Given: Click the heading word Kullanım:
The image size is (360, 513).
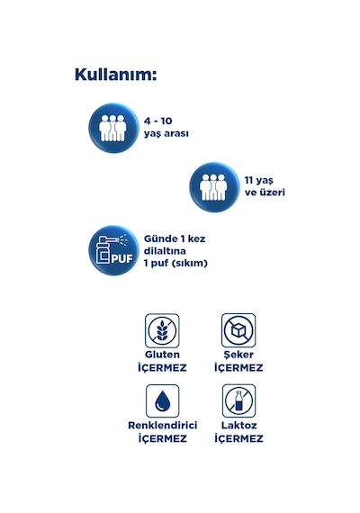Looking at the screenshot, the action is (x=115, y=75).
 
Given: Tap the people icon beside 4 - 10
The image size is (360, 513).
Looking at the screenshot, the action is (x=113, y=128).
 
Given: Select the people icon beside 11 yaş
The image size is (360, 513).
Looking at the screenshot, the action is (x=214, y=187).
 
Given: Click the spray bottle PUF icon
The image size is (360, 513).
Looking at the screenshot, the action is (x=113, y=250).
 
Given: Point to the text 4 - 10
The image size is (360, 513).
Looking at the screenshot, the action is (x=157, y=121).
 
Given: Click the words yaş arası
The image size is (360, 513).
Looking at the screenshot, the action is (x=166, y=134).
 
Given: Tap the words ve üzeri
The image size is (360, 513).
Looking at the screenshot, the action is (x=265, y=193).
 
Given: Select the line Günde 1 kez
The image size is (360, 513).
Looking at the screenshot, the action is (x=175, y=238).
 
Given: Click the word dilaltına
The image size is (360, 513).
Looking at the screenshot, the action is (x=165, y=251).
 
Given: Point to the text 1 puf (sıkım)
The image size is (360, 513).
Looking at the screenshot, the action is (x=175, y=263).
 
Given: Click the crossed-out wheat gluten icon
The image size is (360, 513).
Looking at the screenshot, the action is (x=162, y=330).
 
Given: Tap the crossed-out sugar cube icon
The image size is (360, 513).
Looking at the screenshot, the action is (x=238, y=330).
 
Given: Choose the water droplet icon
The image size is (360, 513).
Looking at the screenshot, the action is (x=162, y=401).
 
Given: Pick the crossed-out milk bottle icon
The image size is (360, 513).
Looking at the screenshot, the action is (x=238, y=400).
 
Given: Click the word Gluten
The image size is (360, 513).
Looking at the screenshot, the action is (x=162, y=355).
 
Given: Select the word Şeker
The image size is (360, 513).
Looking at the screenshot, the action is (x=238, y=355).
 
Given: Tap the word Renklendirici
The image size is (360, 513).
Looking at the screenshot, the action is (x=162, y=426).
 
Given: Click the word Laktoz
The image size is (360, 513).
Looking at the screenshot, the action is (x=238, y=426).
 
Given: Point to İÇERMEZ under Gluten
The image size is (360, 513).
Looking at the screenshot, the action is (x=162, y=368).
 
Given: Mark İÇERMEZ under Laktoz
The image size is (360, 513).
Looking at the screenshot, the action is (x=238, y=438).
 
